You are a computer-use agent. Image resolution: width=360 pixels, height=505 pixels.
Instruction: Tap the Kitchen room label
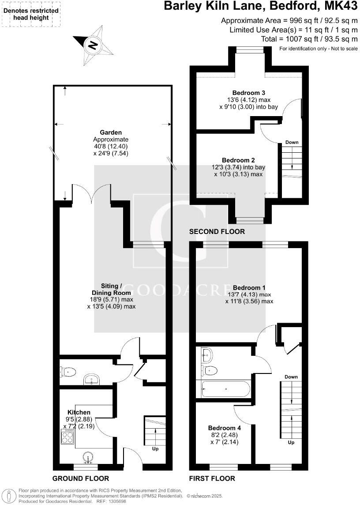79,412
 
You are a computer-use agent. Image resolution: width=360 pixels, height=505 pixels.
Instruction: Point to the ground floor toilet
69,372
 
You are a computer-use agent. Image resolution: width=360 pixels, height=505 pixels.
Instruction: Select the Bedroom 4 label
225,428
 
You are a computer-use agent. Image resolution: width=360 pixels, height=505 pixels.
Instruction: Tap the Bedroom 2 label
238,160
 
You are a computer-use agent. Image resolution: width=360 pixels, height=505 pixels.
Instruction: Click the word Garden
111,132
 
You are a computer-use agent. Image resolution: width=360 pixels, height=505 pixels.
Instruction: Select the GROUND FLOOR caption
80,479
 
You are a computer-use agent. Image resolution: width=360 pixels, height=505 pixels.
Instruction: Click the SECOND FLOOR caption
217,232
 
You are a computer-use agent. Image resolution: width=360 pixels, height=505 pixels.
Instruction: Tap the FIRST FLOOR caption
212,479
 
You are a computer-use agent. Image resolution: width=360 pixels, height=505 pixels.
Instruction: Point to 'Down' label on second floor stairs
292,143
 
